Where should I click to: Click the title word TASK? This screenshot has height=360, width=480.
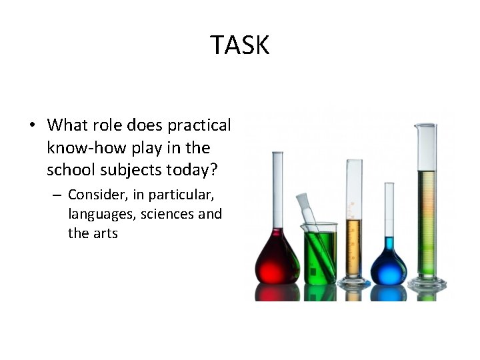[x=240, y=45]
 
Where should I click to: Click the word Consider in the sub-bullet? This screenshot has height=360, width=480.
[x=94, y=195]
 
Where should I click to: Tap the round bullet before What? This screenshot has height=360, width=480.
[x=33, y=125]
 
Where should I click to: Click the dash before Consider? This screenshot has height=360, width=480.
[x=58, y=196]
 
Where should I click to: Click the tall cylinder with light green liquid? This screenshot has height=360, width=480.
[x=426, y=220]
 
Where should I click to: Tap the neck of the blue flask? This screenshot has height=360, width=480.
[x=389, y=213]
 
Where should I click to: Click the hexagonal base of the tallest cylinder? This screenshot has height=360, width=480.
[x=427, y=285]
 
